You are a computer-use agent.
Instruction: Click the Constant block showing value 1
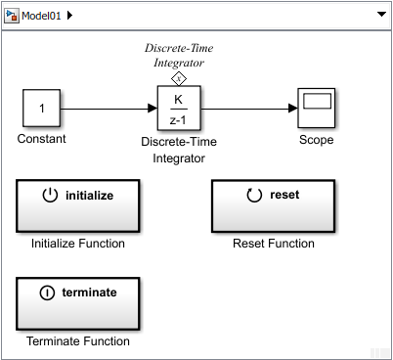point(42,108)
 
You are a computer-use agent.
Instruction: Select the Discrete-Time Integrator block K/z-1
point(178,108)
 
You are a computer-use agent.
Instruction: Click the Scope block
point(316,108)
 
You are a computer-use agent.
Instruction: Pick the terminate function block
point(78,303)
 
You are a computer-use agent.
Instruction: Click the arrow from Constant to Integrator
point(108,108)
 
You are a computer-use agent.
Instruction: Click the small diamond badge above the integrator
point(178,78)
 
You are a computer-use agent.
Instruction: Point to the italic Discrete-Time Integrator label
point(178,55)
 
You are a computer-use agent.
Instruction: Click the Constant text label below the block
point(42,139)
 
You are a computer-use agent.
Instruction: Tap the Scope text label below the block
point(316,139)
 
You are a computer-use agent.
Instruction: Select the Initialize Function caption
point(78,244)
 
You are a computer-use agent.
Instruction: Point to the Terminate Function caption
point(78,341)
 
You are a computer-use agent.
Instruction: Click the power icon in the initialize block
point(51,195)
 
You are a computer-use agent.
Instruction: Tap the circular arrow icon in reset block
point(254,195)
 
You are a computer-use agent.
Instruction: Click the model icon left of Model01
point(13,17)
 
